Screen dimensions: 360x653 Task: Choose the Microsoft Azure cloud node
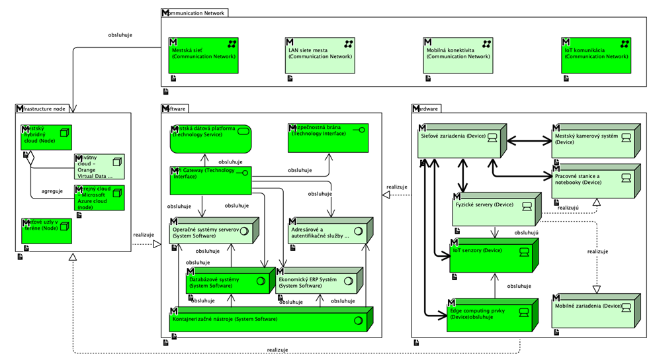coord(99,198)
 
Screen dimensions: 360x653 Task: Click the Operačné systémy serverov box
coord(204,232)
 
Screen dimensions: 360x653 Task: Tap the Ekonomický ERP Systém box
coord(318,283)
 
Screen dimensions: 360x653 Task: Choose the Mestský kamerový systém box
coord(593,141)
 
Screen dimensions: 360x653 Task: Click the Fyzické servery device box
coord(493,210)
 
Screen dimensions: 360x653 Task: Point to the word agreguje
coord(52,191)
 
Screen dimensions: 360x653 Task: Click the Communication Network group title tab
coord(196,13)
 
